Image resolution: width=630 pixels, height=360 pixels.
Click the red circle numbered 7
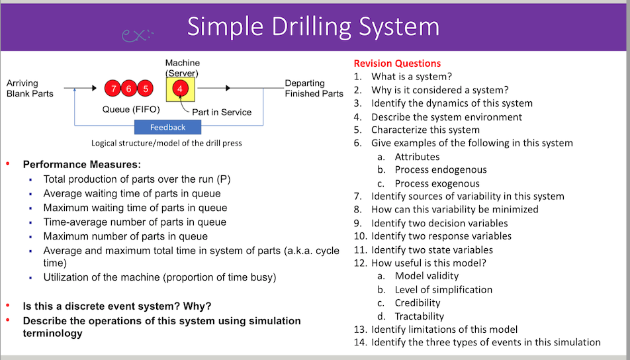coord(114,88)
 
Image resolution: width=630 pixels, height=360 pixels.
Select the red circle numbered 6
coord(130,88)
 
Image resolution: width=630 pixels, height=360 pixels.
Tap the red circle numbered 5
coord(146,88)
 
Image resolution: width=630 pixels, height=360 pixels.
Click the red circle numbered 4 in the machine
coord(179,88)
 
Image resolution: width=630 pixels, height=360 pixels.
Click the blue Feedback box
coord(168,127)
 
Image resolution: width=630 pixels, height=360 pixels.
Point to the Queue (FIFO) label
coord(130,109)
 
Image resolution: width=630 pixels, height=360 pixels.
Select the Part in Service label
coord(222,112)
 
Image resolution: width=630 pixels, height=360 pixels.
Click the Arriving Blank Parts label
coord(30,88)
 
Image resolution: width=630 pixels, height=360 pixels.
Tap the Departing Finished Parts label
coord(314,88)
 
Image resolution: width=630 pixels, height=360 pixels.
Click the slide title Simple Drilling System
coord(313,26)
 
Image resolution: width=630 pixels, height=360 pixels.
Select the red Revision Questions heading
coord(397,64)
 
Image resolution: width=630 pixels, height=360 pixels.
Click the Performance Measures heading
coord(82,165)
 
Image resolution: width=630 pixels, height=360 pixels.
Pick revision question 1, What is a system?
coord(411,77)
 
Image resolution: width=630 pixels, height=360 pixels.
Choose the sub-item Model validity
coord(426,276)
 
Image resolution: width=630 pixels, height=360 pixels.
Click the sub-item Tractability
coord(419,316)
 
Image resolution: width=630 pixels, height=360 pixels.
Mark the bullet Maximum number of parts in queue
coord(126,236)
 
